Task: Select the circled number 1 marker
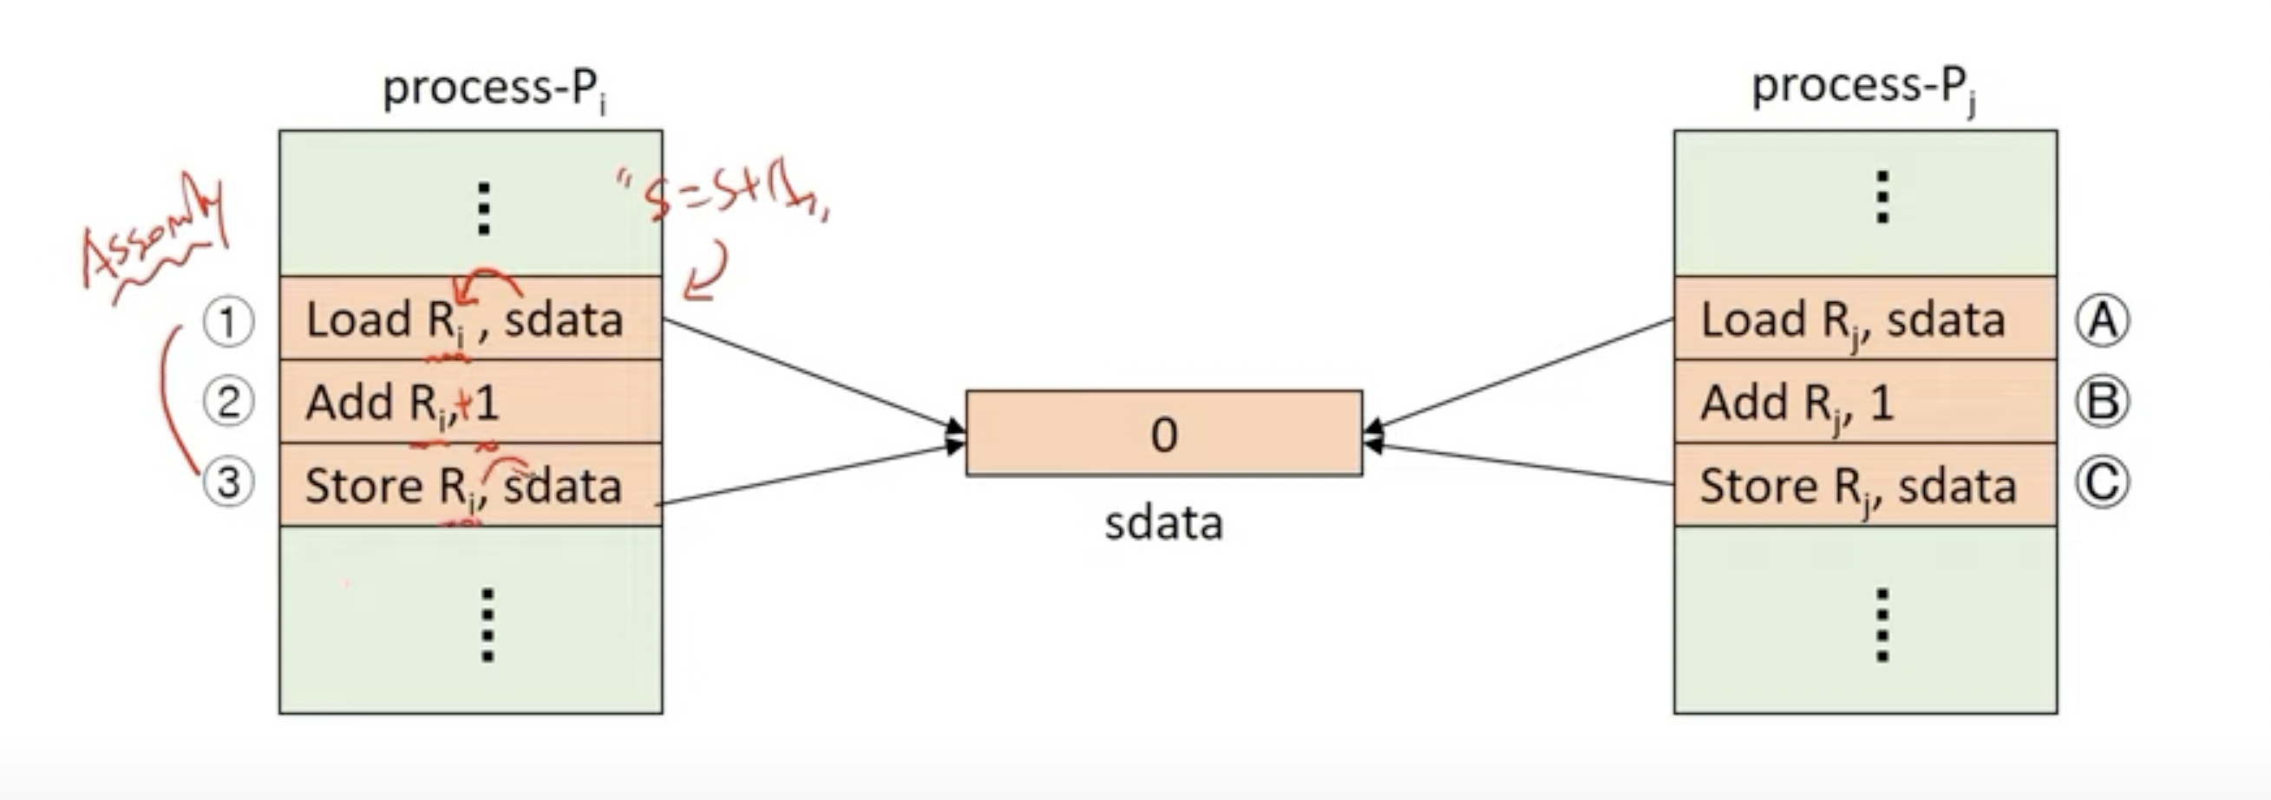(228, 321)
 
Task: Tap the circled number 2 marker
(228, 403)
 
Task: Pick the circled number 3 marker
(228, 483)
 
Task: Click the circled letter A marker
(2103, 320)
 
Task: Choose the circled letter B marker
(2103, 403)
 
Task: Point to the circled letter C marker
(2103, 483)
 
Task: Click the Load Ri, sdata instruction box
(470, 318)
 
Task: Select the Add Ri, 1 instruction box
(470, 403)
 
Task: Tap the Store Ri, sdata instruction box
(470, 485)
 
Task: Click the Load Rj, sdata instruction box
(1864, 318)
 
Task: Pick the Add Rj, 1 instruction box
(1864, 403)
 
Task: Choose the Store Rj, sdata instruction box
(1864, 485)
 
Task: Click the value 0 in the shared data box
(1164, 434)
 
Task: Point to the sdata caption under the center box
(1164, 523)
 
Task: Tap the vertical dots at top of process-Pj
(1882, 198)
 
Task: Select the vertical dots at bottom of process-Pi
(487, 625)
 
